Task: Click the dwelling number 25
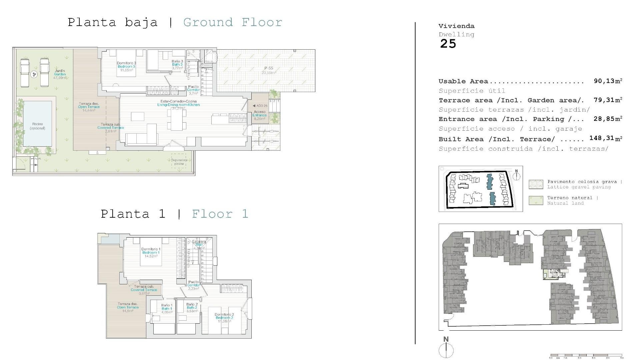tap(448, 44)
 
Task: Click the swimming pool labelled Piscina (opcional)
tap(38, 124)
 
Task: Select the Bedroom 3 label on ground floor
tap(126, 67)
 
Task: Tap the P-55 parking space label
tap(269, 68)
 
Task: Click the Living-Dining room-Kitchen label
tap(179, 105)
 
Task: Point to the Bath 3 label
tap(177, 64)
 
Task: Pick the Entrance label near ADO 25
tap(260, 115)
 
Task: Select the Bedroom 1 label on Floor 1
tap(151, 253)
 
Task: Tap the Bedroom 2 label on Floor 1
tap(224, 318)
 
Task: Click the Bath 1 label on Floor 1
tap(167, 309)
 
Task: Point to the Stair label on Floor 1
tap(199, 245)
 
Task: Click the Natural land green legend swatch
tap(536, 200)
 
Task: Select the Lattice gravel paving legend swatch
tap(536, 184)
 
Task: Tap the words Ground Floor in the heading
tap(233, 22)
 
